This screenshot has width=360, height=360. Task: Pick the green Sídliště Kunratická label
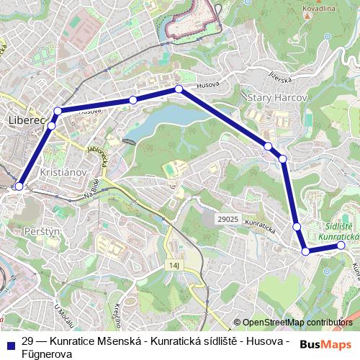click(x=338, y=230)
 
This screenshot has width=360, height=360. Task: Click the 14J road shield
click(x=174, y=266)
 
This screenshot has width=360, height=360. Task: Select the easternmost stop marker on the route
click(x=341, y=246)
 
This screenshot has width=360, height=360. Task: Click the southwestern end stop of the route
click(x=19, y=186)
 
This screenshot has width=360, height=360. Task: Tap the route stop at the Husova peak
click(x=179, y=89)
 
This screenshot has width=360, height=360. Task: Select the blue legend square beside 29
click(x=10, y=341)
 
